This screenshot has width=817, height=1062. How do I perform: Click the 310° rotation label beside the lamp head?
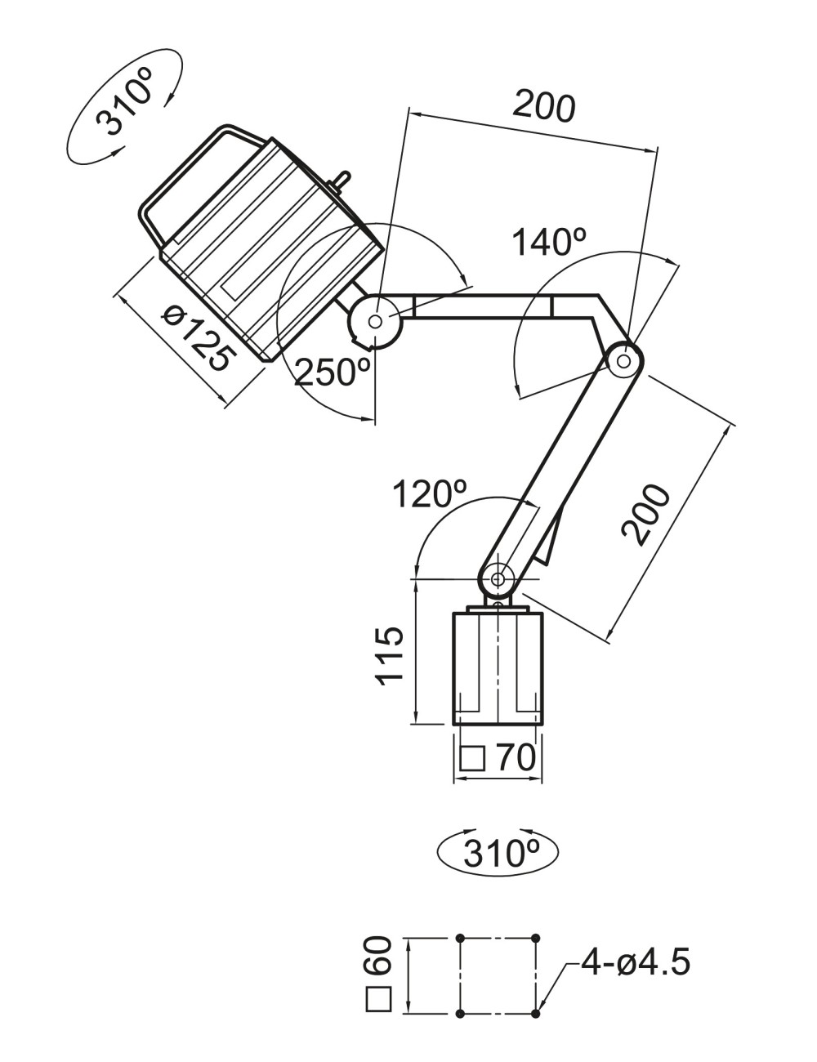tap(123, 102)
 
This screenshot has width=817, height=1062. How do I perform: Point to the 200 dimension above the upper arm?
tap(544, 106)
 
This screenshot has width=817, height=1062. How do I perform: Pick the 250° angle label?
tap(333, 372)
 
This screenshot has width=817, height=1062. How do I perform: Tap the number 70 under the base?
tap(516, 758)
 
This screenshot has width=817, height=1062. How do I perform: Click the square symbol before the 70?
tap(472, 759)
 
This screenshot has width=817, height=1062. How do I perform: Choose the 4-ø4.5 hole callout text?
tap(636, 962)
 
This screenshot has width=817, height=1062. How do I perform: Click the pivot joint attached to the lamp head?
tap(375, 321)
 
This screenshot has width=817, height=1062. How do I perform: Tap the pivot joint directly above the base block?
tap(497, 578)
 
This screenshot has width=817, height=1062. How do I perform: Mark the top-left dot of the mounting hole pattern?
tap(461, 938)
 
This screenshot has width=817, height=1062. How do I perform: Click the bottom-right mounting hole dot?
tap(535, 1014)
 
